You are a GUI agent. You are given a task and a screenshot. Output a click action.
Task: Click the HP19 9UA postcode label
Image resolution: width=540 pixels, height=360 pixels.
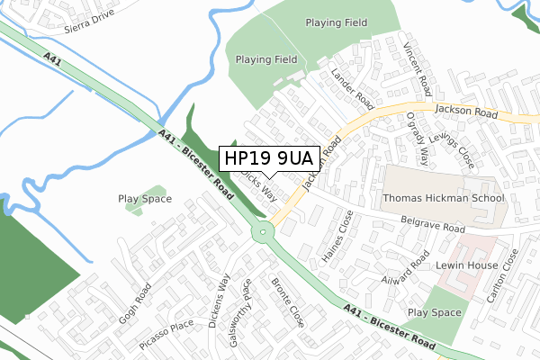[269, 158]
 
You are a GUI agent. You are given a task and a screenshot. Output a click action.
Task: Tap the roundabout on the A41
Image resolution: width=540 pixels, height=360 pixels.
[263, 231]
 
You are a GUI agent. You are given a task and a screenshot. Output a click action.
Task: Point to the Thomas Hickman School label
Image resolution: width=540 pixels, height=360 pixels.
[443, 198]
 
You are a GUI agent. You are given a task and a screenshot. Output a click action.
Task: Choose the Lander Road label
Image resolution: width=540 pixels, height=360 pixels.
[352, 88]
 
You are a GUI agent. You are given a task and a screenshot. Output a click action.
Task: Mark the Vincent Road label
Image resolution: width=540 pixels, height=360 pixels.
[418, 70]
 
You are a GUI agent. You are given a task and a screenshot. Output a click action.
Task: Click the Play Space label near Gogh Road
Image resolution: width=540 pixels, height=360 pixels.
[144, 198]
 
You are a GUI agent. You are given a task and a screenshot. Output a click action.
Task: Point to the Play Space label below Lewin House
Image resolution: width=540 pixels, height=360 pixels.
[434, 312]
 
